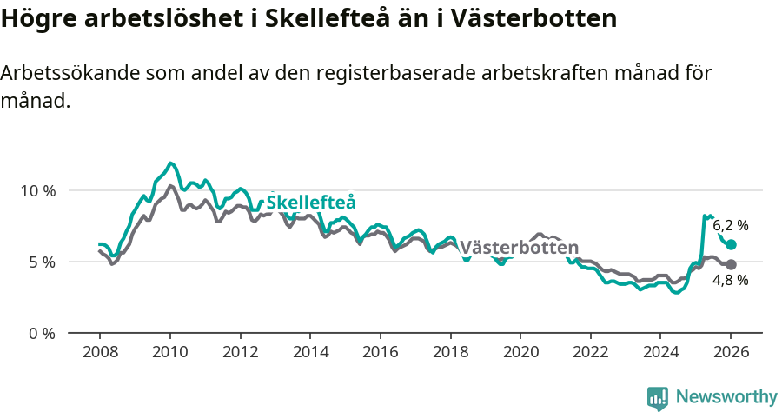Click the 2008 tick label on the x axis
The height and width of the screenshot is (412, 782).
click(99, 353)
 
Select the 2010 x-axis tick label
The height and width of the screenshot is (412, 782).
click(169, 353)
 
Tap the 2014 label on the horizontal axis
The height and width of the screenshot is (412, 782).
click(310, 353)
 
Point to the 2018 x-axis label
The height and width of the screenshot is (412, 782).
click(450, 353)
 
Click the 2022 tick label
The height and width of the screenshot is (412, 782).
click(591, 353)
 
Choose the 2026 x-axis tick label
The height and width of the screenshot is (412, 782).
click(731, 353)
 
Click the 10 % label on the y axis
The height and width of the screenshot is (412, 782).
click(37, 190)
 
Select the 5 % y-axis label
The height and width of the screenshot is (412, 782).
click(42, 262)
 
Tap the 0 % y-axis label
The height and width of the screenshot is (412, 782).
click(42, 333)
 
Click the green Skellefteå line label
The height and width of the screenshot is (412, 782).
click(311, 203)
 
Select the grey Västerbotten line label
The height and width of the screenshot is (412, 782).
click(519, 247)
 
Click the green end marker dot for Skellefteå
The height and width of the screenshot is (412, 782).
click(731, 245)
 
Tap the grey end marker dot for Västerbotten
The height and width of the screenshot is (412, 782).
click(731, 264)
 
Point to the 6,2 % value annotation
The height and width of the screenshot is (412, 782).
click(731, 225)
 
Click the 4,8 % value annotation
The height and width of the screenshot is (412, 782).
click(731, 281)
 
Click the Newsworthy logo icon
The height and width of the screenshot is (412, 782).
click(658, 398)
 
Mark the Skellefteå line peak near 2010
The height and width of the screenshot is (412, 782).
click(171, 163)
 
